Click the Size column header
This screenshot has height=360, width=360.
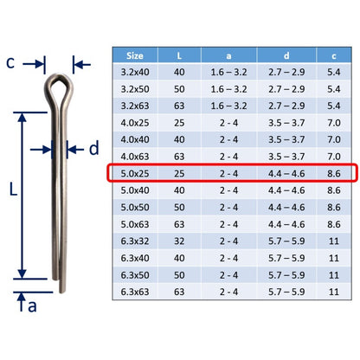point(135,55)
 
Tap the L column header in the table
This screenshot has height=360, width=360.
point(179,55)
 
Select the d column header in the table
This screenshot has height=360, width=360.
point(286,55)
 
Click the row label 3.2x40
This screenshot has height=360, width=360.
point(135,72)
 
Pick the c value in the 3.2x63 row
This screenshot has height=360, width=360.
point(334,106)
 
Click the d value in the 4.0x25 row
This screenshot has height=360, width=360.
point(286,123)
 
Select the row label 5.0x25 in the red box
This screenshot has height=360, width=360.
point(135,174)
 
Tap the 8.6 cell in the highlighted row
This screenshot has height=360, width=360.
point(334,174)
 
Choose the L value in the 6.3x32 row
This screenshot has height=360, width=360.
point(179,241)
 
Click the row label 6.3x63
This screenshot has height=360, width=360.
point(135,292)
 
